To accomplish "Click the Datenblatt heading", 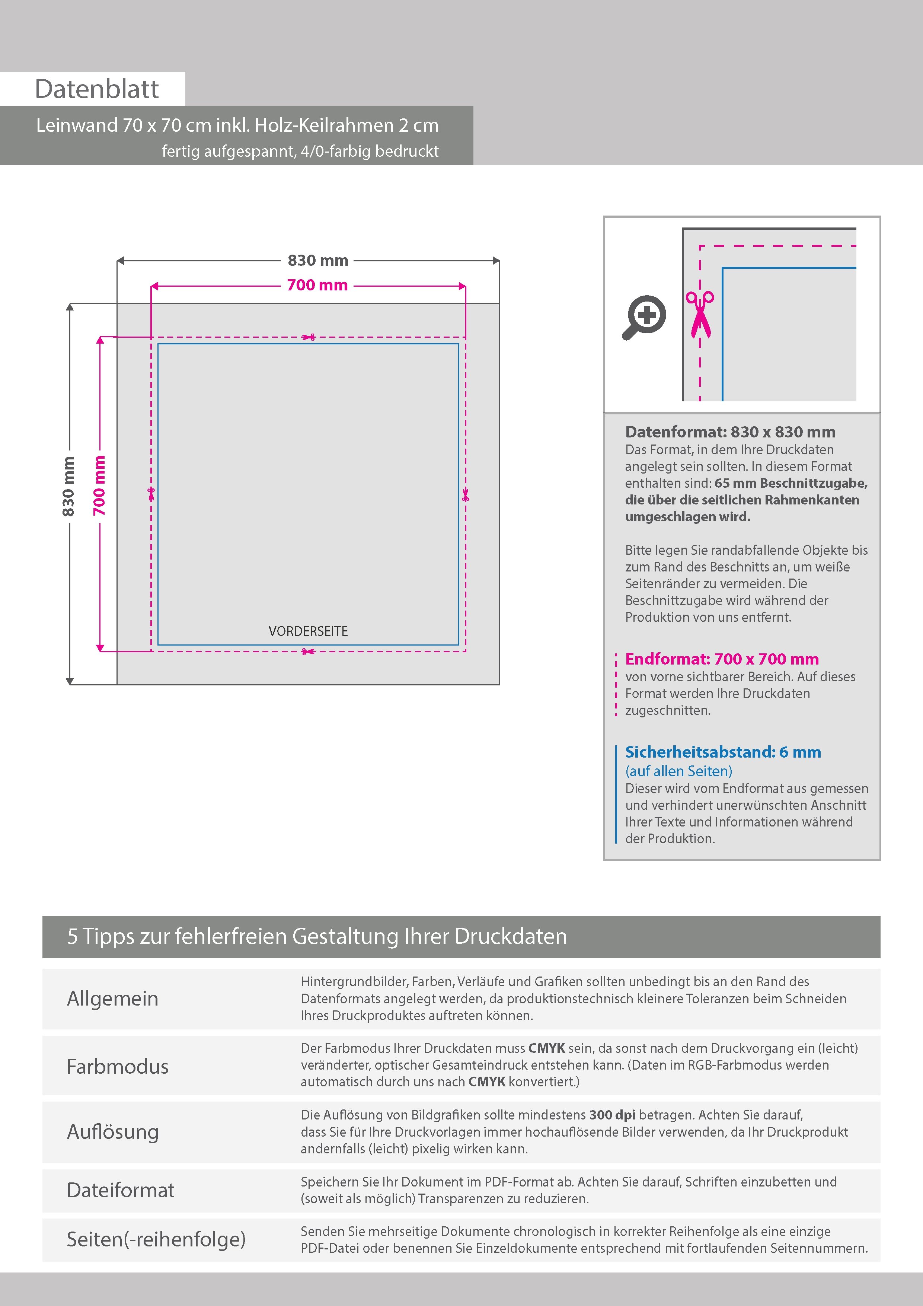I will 97,89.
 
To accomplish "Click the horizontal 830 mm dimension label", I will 317,261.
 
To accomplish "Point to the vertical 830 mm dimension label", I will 68,486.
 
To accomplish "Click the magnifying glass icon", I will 644,317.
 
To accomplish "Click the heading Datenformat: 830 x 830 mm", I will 730,432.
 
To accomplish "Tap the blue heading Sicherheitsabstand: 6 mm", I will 723,752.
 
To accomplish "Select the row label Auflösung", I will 113,1131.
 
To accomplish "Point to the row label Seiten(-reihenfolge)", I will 156,1239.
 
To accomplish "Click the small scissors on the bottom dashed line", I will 308,651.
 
